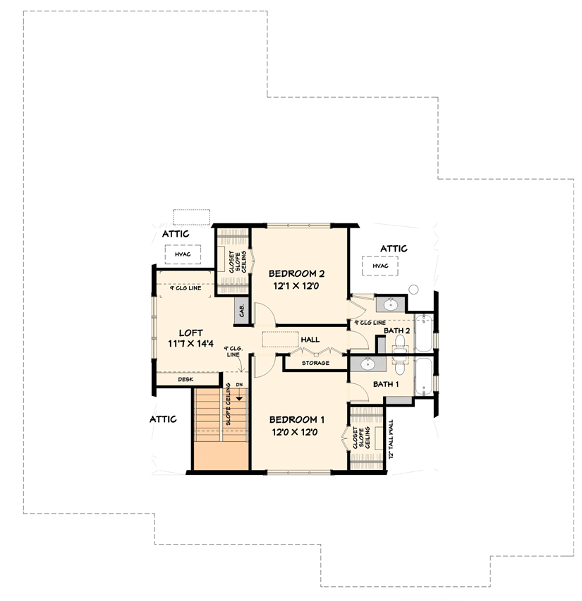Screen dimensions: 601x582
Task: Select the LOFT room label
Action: pos(190,332)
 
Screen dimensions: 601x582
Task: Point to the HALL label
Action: pos(310,340)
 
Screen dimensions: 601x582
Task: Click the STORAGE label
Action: pos(315,363)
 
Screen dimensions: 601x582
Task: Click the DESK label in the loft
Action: pos(185,379)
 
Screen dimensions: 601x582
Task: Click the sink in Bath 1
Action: pos(367,364)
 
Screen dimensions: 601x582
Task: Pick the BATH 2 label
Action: pos(396,330)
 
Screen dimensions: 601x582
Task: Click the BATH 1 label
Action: pos(386,384)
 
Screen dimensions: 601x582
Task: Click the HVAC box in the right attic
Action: pos(380,266)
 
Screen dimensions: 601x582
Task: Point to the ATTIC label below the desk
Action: pos(163,419)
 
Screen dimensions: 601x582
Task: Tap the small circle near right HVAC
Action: pos(414,290)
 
